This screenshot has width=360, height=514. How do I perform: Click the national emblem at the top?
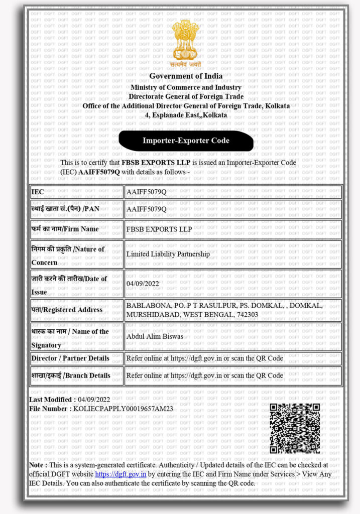(186, 43)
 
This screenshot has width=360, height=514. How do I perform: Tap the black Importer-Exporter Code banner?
(186, 141)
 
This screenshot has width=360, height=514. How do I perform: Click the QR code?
(295, 428)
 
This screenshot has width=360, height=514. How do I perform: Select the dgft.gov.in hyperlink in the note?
(121, 474)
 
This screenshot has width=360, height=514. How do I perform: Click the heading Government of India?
(186, 76)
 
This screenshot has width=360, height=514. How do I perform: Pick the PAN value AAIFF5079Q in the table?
(146, 209)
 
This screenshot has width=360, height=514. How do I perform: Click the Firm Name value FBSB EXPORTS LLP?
(159, 229)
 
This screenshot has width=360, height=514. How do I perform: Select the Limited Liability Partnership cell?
(168, 254)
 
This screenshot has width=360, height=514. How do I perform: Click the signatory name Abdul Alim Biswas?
(156, 336)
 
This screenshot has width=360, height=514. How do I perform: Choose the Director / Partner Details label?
(70, 358)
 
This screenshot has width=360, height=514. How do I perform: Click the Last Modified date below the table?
(94, 400)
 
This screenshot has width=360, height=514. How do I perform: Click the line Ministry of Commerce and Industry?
(186, 87)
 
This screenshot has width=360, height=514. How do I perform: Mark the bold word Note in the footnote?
(38, 465)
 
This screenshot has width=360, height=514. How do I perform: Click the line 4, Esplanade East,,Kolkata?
(186, 115)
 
